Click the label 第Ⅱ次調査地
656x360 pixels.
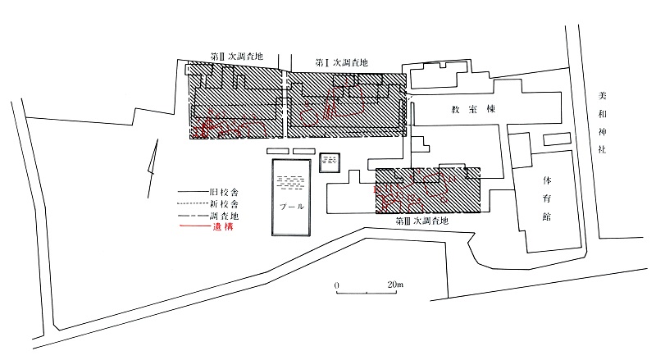(x=237, y=56)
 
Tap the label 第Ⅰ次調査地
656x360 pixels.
(x=341, y=63)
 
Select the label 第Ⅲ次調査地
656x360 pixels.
(x=421, y=221)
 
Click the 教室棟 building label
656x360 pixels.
(x=473, y=109)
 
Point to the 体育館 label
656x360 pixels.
(x=547, y=198)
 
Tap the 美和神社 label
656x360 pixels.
(x=602, y=123)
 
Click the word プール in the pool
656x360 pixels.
(x=292, y=207)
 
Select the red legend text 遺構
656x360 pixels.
(x=223, y=227)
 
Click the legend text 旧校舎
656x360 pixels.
(x=224, y=193)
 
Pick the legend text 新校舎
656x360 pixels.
(x=224, y=204)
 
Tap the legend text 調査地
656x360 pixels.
(x=224, y=216)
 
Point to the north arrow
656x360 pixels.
(x=153, y=169)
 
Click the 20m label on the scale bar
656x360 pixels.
(x=395, y=285)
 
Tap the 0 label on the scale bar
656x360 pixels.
(x=337, y=285)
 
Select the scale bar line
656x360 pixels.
(x=367, y=293)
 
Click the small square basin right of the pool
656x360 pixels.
(x=330, y=163)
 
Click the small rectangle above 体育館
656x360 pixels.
(x=557, y=139)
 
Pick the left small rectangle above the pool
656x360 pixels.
(x=278, y=151)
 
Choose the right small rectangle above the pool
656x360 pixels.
(x=304, y=151)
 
